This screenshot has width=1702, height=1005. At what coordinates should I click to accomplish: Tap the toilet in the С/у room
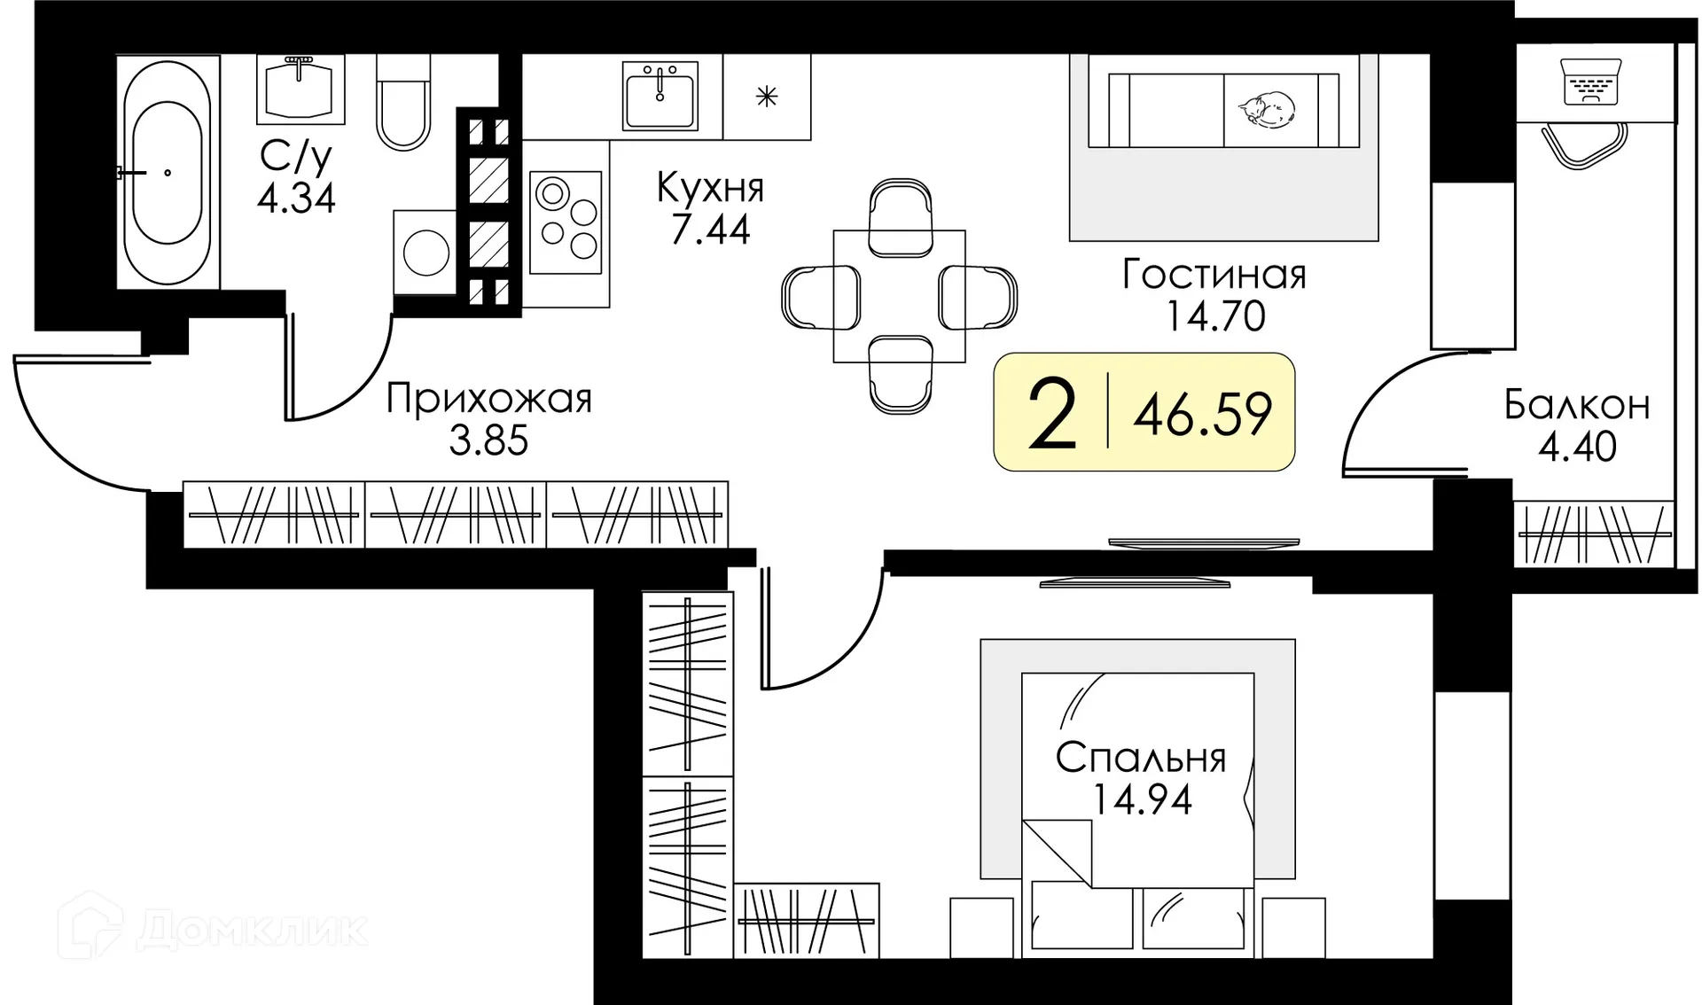coord(403,102)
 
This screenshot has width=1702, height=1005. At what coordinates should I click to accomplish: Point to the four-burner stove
coord(566,222)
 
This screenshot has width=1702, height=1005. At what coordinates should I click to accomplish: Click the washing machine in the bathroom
coord(425,253)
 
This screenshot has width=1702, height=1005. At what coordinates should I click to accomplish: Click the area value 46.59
coord(1202,414)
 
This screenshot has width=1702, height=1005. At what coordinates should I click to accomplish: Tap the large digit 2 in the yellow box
coord(1052,414)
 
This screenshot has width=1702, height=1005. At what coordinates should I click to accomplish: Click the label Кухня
coord(710,188)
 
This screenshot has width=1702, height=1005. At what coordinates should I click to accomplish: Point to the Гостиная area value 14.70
coord(1214,316)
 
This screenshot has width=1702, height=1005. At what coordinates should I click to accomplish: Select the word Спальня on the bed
coord(1141,759)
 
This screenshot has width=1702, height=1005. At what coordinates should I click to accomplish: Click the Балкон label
coord(1577,406)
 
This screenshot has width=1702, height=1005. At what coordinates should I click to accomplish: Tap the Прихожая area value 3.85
coord(488,440)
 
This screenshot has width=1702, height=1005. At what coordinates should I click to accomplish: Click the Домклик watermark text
coord(253,929)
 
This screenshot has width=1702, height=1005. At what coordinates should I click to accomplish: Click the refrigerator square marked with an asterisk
coord(767,97)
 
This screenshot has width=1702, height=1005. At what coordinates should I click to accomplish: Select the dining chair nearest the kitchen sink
coord(901,215)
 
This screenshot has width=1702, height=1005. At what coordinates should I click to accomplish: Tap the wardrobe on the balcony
coord(1594,534)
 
